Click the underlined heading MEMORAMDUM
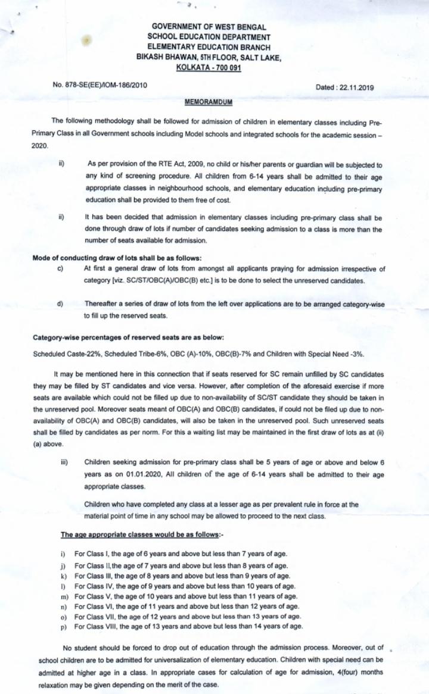[208, 102]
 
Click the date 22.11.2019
[353, 87]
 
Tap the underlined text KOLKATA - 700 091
[209, 68]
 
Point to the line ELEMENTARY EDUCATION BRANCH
[209, 48]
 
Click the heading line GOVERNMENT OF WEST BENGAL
[209, 27]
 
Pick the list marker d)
[60, 304]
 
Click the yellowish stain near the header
[87, 40]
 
